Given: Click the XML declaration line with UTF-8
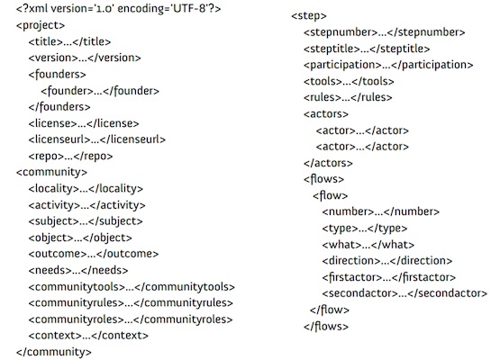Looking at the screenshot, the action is coord(118,9).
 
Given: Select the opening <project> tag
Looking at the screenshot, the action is coord(41,25).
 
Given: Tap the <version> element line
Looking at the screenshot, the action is coord(85,58).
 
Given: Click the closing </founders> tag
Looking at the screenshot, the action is coord(59,107).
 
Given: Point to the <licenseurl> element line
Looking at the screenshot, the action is coord(97,139).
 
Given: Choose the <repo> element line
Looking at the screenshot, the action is coord(70,156).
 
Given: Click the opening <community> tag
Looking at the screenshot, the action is coord(51,173).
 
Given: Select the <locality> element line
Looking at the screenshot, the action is coord(86,189).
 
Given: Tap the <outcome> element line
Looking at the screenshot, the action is coord(94,254).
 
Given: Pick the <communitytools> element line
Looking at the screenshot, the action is coord(132,287).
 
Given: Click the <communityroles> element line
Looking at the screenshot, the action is coord(131,319).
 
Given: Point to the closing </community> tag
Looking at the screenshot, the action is coord(54,352).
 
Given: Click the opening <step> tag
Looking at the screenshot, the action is coord(309,16).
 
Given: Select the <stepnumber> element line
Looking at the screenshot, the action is coord(385,32).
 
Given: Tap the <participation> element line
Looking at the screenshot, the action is coord(388,65).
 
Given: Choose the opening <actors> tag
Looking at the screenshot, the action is coord(326,114).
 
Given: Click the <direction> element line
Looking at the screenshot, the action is coord(387,261).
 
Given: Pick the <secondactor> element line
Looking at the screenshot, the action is coord(405,293).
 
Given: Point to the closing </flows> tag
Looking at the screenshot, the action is coord(326,326).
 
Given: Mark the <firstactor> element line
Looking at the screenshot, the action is coord(389,277).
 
